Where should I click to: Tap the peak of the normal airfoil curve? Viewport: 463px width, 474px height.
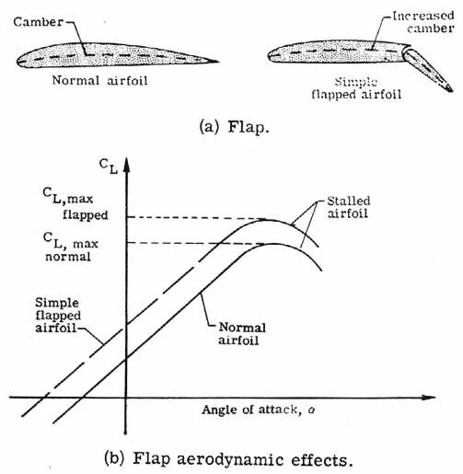(x=273, y=243)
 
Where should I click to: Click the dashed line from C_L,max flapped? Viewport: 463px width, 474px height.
(x=184, y=218)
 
